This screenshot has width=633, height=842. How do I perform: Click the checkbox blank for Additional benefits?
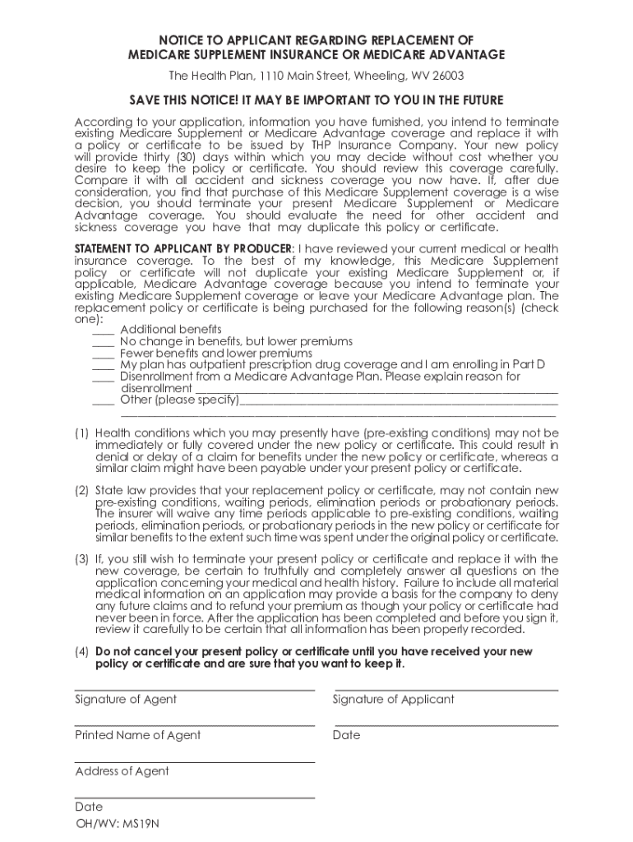click(103, 331)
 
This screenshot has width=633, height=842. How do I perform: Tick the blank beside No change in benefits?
click(103, 342)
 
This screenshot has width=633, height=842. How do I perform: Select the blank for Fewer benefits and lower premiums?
click(103, 354)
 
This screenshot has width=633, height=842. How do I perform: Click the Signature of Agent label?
click(126, 700)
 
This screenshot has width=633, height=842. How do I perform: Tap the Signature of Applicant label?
click(393, 700)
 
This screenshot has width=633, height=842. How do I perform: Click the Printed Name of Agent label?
click(137, 735)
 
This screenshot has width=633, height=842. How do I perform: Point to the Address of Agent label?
click(122, 771)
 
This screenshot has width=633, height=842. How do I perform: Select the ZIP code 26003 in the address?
click(446, 76)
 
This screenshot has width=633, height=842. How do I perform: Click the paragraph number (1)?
click(82, 433)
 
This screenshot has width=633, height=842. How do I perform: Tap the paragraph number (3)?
click(82, 559)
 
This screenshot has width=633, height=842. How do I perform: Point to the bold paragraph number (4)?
click(82, 652)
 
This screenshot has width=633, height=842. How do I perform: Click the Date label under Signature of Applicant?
click(346, 735)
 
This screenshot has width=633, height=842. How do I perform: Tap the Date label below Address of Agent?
click(89, 807)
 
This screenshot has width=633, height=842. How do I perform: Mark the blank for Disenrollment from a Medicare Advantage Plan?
click(103, 377)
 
